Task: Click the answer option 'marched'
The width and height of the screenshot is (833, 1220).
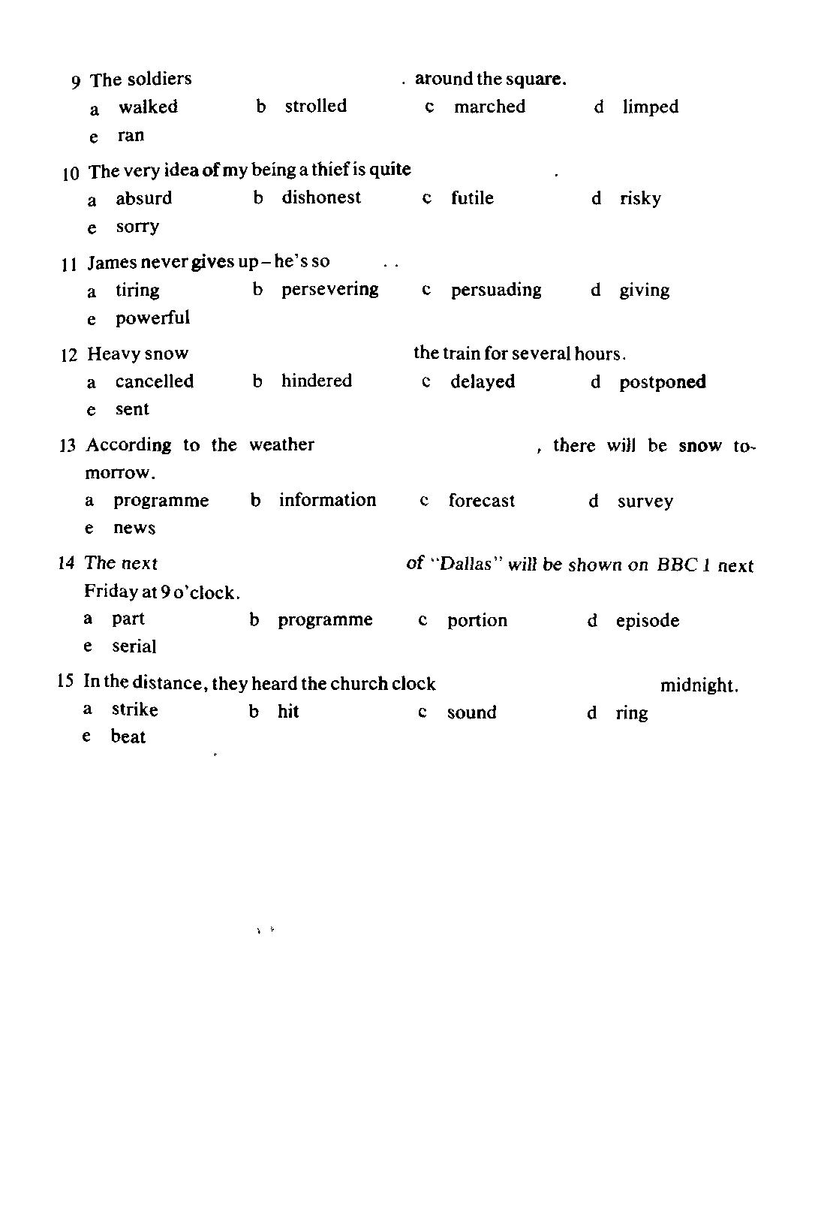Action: (489, 107)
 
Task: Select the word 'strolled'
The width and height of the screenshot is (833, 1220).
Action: (315, 106)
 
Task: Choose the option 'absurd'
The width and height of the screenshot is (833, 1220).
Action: (143, 198)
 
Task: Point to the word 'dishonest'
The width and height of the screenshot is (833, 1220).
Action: (321, 197)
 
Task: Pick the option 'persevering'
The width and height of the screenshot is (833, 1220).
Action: (329, 290)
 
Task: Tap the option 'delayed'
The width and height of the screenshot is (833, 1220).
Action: (483, 381)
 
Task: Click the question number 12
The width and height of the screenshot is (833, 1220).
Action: (68, 355)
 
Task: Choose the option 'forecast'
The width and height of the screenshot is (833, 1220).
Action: (481, 501)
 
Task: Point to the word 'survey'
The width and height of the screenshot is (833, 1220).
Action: (645, 501)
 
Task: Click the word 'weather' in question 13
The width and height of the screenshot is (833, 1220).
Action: (281, 444)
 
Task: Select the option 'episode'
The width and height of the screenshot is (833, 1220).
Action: (647, 621)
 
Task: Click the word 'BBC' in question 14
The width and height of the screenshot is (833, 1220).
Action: (677, 565)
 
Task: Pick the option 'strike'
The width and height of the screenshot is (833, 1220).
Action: (134, 709)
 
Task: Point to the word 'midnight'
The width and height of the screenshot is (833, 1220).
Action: (698, 685)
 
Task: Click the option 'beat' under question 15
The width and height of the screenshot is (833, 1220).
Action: (128, 737)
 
